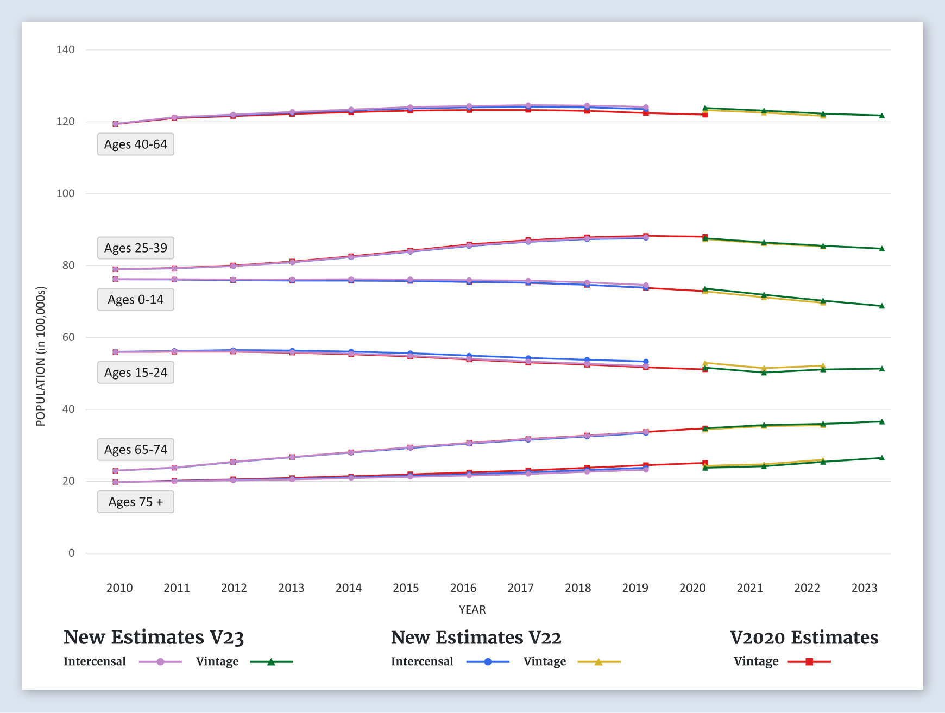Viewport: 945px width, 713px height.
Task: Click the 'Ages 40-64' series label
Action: pos(136,144)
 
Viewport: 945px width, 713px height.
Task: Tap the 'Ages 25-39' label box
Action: pos(136,248)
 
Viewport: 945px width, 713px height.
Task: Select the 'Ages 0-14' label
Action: pos(136,300)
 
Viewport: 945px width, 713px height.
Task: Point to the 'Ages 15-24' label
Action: pos(136,373)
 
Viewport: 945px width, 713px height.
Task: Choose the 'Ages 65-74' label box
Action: pos(136,450)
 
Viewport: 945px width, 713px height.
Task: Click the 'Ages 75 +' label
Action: pos(136,502)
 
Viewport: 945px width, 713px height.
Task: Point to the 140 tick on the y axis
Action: pos(66,49)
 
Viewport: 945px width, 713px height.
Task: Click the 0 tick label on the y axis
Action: pos(71,553)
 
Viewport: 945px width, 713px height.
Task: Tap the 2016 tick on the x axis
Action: pos(463,588)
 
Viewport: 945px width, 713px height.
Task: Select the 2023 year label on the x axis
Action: pos(864,588)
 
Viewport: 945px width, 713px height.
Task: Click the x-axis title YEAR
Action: pos(472,610)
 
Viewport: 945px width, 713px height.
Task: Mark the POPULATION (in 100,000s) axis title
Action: pos(41,356)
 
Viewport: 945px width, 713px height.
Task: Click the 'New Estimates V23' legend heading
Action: pos(154,637)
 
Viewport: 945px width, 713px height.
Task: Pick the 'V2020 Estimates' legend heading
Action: pos(804,637)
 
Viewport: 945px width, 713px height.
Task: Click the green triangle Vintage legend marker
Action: pos(271,662)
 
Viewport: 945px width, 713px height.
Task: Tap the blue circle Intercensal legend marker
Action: pos(488,662)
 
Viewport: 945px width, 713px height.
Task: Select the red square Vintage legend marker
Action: pos(809,662)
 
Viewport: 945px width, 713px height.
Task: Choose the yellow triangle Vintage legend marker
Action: pos(598,662)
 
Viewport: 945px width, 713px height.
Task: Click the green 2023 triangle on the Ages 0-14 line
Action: pos(881,306)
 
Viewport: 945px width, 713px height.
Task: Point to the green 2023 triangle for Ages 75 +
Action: pos(881,458)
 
